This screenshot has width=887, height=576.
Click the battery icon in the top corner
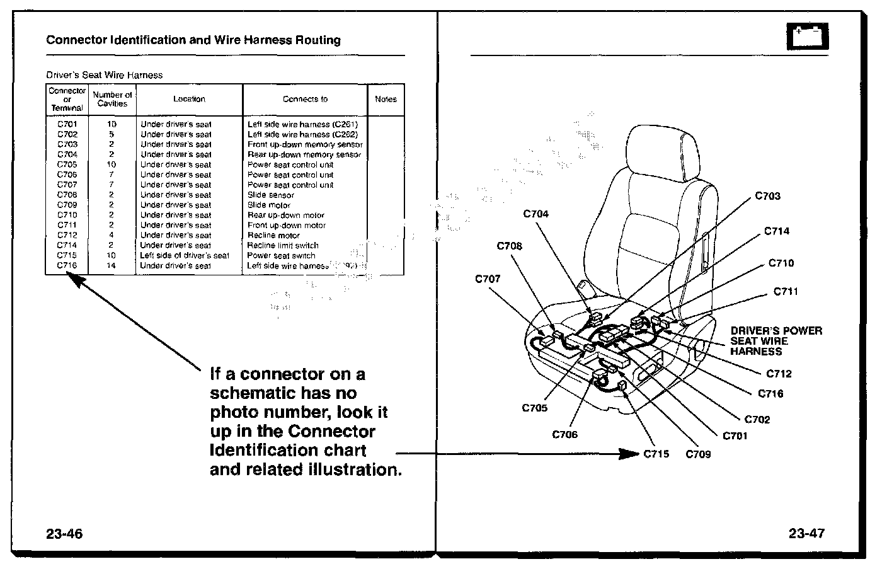point(807,37)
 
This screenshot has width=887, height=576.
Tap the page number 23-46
point(64,534)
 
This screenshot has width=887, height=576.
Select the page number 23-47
point(806,534)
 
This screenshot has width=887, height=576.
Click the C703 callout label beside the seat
point(767,196)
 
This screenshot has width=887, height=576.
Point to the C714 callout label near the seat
point(776,231)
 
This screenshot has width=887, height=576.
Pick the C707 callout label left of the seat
point(488,279)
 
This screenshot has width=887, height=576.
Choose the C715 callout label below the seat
point(656,454)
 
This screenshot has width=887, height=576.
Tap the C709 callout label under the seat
point(698,454)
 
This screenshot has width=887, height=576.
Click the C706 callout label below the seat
point(564,434)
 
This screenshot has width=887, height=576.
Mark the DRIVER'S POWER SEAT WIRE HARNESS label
point(776,341)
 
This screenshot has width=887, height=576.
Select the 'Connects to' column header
point(305,99)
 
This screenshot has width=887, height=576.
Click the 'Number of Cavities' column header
point(112,99)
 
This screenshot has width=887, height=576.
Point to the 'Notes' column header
point(386,99)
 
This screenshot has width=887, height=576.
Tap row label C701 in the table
point(67,124)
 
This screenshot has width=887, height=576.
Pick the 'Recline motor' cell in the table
point(274,235)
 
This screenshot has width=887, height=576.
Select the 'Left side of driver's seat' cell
point(185,255)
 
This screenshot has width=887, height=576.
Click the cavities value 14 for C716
point(112,265)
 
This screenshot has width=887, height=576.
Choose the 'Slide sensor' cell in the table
point(270,195)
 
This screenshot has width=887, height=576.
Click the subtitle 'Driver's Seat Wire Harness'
point(104,75)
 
